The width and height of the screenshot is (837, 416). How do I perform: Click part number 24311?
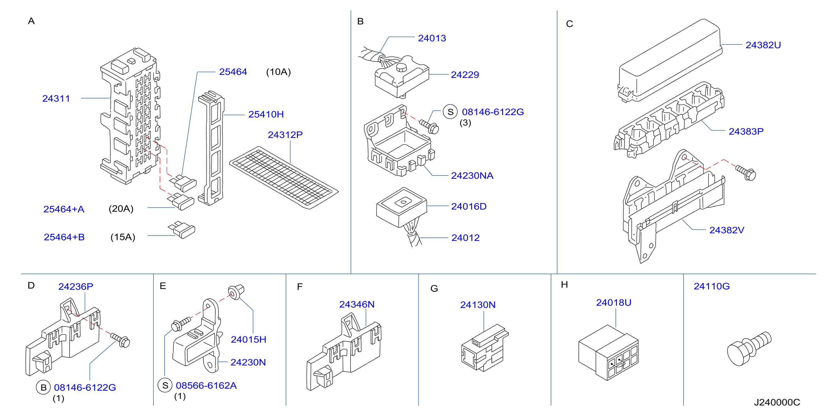click(x=56, y=98)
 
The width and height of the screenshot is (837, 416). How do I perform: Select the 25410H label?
click(x=266, y=114)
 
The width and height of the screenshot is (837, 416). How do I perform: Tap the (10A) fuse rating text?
click(x=278, y=72)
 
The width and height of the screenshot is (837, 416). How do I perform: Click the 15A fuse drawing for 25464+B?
click(x=182, y=230)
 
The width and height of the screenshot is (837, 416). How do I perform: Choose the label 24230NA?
click(x=472, y=176)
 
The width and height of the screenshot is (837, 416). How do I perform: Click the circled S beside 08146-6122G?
click(x=450, y=112)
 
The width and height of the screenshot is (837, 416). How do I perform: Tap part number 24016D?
click(x=469, y=207)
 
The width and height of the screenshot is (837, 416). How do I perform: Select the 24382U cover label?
click(x=763, y=45)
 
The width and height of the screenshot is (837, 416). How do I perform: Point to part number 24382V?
click(x=727, y=230)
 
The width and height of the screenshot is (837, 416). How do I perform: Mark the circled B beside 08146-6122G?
click(x=43, y=387)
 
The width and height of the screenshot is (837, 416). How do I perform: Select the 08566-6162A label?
click(x=206, y=385)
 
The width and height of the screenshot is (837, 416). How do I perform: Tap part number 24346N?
click(x=357, y=304)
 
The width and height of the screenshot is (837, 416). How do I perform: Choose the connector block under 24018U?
click(x=608, y=353)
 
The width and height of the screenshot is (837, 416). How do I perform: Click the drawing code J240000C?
click(x=777, y=402)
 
